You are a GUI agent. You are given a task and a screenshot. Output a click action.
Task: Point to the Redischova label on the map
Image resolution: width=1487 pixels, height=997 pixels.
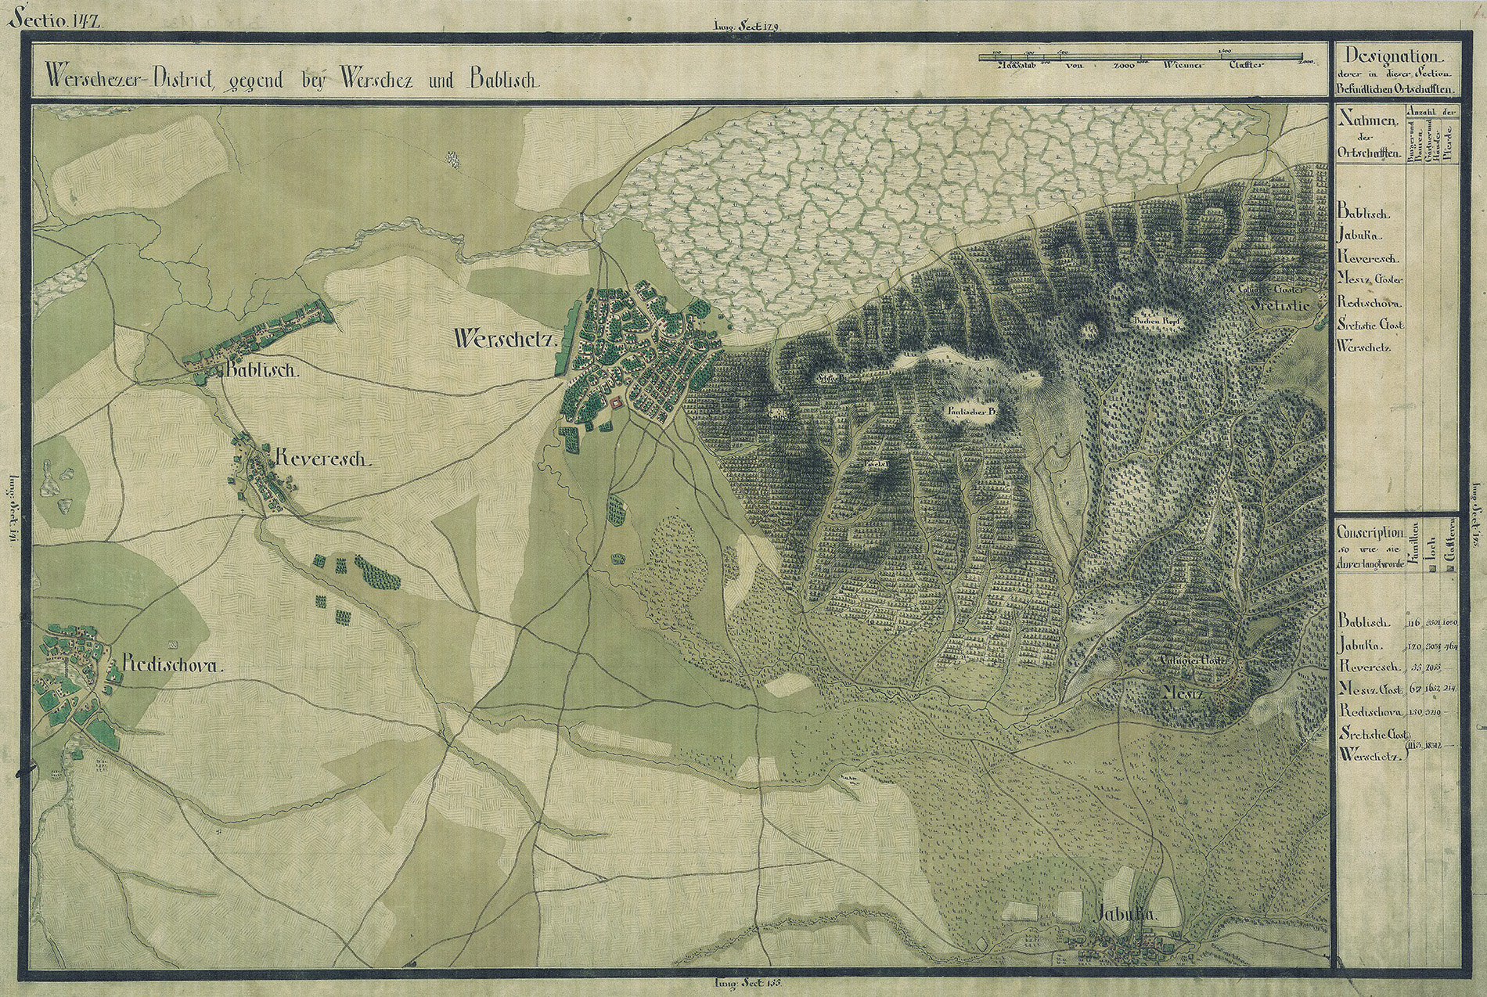coord(172,667)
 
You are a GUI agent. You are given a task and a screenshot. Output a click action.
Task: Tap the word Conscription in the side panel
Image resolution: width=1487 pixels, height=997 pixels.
coord(1370,531)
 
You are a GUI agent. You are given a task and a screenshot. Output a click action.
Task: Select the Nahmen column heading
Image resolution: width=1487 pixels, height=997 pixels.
coord(1370,121)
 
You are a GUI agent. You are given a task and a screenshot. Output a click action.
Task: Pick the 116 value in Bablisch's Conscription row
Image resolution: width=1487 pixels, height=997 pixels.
coord(1413,623)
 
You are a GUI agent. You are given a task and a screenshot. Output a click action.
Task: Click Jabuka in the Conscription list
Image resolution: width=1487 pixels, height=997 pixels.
coord(1363,646)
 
